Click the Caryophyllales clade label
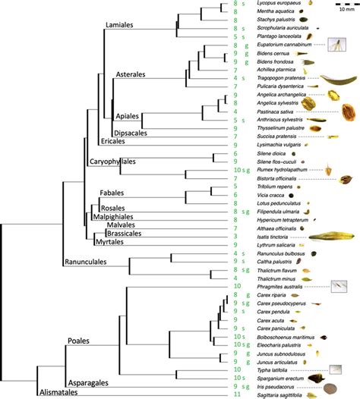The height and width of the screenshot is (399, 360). pos(124,162)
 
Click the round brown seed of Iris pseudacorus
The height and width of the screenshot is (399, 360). pos(329,387)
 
